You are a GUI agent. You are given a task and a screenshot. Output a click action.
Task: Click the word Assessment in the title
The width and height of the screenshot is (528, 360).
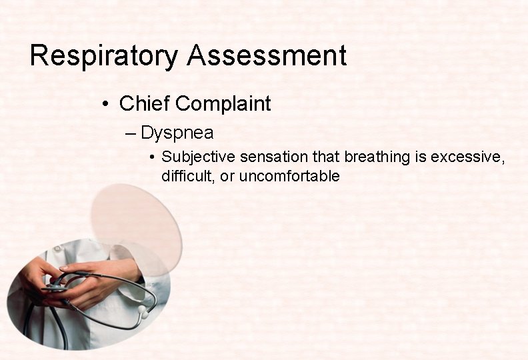click(x=267, y=56)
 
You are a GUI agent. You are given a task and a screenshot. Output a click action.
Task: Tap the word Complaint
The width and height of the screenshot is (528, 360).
click(x=223, y=104)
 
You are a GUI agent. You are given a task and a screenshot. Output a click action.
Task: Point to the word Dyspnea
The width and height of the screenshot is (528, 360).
click(x=177, y=133)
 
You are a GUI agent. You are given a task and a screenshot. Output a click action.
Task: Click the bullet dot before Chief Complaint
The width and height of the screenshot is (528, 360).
click(x=106, y=105)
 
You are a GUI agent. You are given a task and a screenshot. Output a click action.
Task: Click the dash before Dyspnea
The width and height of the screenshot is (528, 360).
click(x=129, y=133)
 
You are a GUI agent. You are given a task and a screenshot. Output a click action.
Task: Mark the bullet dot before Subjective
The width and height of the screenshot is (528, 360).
click(x=153, y=158)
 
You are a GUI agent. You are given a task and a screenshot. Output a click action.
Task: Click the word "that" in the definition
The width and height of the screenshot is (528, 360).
click(x=330, y=157)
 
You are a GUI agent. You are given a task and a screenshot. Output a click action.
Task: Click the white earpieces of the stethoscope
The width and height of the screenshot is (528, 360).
click(x=142, y=310)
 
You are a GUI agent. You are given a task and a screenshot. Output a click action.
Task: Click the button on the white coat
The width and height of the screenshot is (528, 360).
click(x=58, y=249)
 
